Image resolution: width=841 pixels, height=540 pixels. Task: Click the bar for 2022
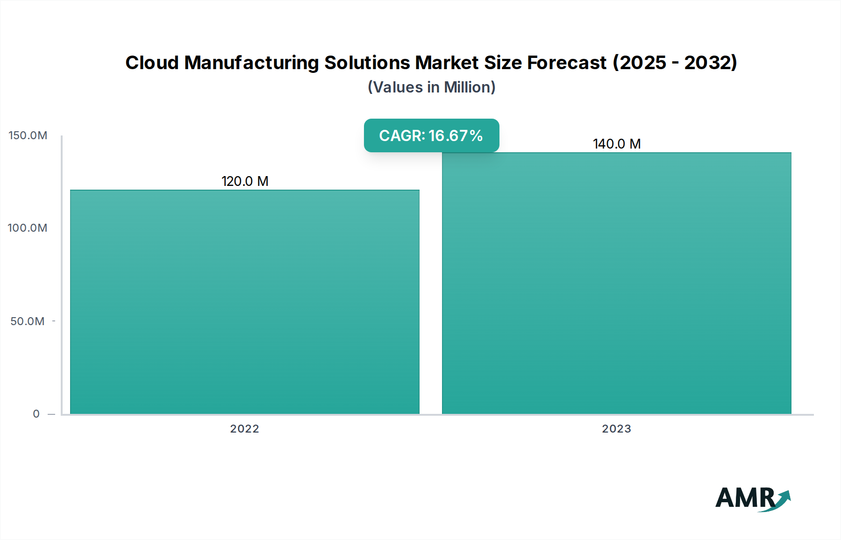click(245, 302)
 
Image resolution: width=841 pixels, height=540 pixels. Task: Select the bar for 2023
click(617, 283)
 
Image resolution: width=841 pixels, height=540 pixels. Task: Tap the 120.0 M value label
click(245, 181)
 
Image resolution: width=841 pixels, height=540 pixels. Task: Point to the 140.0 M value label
click(617, 144)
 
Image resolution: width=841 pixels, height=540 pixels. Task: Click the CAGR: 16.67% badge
click(431, 135)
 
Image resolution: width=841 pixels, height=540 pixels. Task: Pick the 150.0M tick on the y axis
click(28, 135)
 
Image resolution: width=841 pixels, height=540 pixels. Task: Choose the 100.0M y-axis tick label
click(28, 228)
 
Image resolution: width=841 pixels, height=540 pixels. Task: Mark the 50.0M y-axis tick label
click(28, 321)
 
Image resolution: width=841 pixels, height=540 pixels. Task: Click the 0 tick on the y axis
click(36, 414)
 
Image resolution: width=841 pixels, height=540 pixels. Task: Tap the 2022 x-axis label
click(244, 429)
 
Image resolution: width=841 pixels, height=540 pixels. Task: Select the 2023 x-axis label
click(616, 429)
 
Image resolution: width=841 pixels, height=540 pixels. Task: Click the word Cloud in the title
click(152, 63)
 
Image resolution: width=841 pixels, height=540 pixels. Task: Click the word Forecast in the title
click(567, 63)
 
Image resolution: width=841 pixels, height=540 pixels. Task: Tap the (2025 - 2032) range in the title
click(675, 63)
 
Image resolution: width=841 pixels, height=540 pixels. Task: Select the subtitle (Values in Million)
click(431, 87)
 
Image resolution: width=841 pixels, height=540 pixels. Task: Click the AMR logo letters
click(745, 498)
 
